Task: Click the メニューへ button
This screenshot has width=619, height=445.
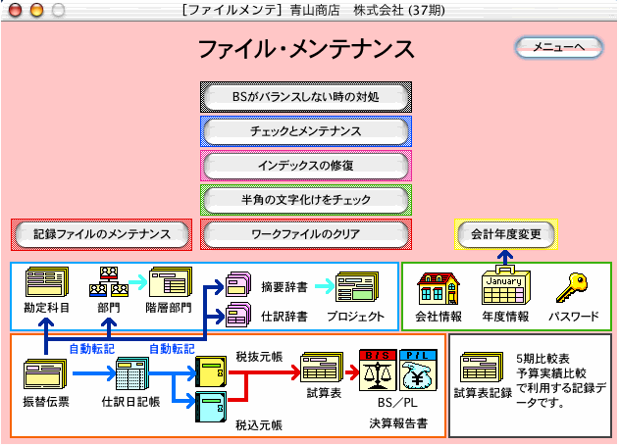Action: tap(558, 47)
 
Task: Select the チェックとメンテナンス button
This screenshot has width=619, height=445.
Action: tap(306, 131)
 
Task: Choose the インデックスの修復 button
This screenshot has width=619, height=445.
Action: tap(306, 166)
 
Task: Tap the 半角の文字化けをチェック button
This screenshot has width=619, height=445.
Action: tap(306, 200)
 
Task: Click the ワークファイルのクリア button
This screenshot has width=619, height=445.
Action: tap(306, 235)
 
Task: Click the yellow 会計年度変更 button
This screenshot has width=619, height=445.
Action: tap(506, 235)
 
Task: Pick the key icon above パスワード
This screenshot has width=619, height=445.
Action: tap(571, 288)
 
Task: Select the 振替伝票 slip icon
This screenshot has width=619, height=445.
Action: tap(45, 374)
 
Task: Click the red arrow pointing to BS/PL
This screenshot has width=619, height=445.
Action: tap(348, 373)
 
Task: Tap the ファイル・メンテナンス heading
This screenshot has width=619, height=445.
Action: tap(306, 48)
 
